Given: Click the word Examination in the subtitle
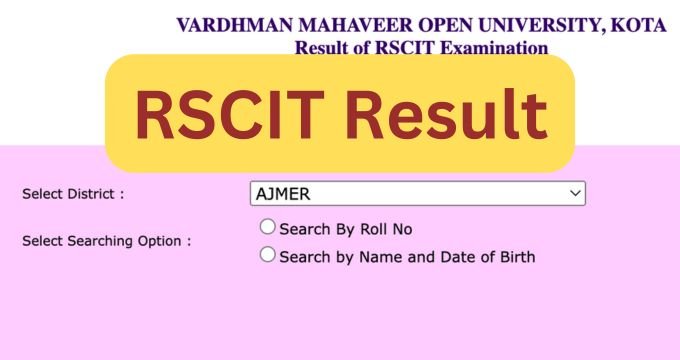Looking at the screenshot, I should (x=497, y=47).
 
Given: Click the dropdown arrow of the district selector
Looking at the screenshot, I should (x=574, y=193).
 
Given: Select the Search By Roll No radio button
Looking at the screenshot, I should (x=267, y=228).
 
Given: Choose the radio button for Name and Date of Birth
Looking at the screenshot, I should (x=267, y=255).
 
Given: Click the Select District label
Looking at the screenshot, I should (x=73, y=194).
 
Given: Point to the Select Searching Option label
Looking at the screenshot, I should (x=106, y=241).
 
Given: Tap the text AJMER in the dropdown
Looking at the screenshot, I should (x=282, y=193).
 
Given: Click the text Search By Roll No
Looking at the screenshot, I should (x=345, y=229).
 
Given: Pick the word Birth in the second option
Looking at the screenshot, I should (x=514, y=257).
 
